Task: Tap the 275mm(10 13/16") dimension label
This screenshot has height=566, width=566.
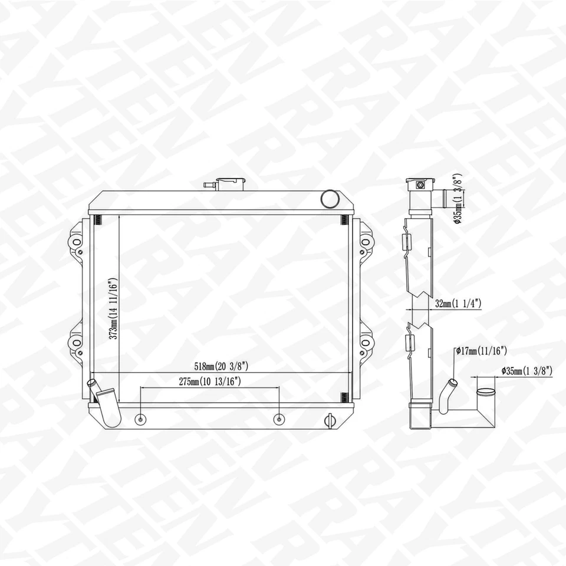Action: pos(210,381)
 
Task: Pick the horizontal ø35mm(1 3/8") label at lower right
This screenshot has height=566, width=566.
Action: pos(526,370)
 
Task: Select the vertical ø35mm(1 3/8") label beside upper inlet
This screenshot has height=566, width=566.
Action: pos(458,199)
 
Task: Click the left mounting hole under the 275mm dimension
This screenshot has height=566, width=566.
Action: pos(140,419)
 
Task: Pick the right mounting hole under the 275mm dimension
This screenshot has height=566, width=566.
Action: pos(279,419)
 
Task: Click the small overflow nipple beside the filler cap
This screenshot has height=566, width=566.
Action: pos(208,185)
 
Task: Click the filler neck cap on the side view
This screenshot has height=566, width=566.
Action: pos(419,184)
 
